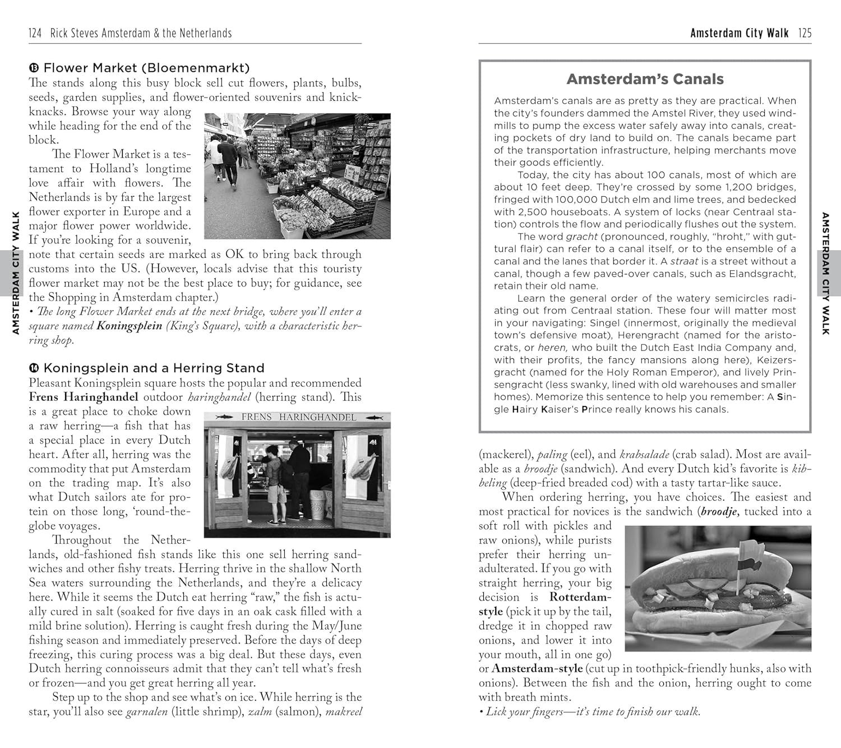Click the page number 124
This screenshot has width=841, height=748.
(x=35, y=34)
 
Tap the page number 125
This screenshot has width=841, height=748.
(x=805, y=34)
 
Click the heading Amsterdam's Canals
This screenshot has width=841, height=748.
(x=645, y=79)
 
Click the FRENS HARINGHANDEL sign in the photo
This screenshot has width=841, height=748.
(x=298, y=417)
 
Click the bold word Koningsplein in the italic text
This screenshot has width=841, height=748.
(x=129, y=326)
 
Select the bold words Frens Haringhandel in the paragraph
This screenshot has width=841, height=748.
(x=84, y=398)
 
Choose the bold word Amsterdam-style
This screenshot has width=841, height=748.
(x=537, y=669)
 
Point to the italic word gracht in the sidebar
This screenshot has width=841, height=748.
(x=582, y=237)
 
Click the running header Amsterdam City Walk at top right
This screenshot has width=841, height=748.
(x=739, y=34)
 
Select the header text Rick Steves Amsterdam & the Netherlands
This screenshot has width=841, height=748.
(x=141, y=34)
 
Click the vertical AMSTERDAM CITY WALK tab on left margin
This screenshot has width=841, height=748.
(x=16, y=273)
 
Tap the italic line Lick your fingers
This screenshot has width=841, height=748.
(x=592, y=712)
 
